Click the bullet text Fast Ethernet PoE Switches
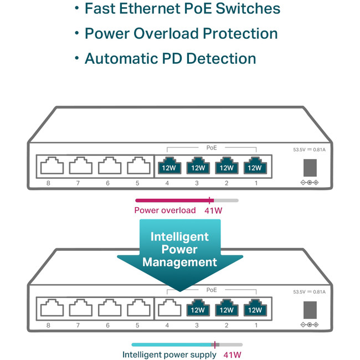[182, 9]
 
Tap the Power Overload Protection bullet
[181, 34]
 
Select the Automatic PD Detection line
[170, 59]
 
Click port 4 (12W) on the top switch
[168, 166]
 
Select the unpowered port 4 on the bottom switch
[167, 308]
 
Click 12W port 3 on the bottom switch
[197, 308]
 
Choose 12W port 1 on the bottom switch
[255, 308]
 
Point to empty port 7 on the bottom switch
[78, 308]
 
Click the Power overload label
[165, 210]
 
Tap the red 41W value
[214, 210]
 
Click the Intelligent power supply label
[169, 354]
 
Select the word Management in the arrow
[179, 262]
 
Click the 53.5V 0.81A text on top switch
[309, 150]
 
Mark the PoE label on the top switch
[212, 148]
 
